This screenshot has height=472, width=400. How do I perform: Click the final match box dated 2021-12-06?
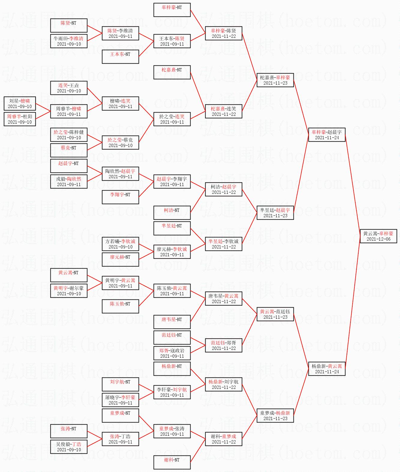point(378,236)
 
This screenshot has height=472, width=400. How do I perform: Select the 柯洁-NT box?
point(172,212)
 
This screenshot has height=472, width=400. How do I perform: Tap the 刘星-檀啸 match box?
point(20,104)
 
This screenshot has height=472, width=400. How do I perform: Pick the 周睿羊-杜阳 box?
point(20,119)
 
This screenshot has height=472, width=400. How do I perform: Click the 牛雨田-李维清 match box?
point(69,41)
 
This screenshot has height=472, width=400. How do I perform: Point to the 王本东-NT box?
point(120,57)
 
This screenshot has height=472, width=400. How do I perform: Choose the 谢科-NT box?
point(172,462)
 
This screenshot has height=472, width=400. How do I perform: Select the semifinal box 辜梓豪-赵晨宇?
point(327,135)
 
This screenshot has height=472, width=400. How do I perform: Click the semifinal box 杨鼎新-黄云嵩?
point(327,369)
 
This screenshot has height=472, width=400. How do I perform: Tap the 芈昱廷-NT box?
point(172,228)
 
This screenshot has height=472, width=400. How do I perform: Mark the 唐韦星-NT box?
point(172,322)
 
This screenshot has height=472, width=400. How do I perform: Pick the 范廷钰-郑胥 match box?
point(224,345)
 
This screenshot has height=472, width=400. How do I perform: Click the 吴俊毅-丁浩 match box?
point(69,447)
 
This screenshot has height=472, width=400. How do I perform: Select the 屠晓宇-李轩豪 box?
point(120,400)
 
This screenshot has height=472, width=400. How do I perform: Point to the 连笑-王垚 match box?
point(69,88)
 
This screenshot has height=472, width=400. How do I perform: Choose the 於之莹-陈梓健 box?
point(69,135)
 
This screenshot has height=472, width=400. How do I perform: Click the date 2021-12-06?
point(378,239)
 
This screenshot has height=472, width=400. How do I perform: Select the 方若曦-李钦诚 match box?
point(120,244)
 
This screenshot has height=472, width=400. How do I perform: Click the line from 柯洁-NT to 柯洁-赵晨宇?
point(198,201)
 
